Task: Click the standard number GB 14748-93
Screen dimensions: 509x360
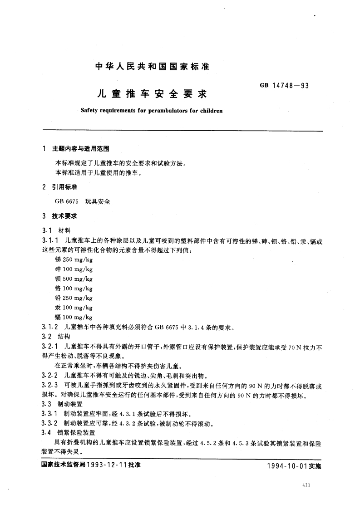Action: coord(284,84)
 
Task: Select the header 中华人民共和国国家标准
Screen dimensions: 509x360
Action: coord(152,66)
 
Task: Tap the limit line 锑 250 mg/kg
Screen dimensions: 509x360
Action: coord(73,259)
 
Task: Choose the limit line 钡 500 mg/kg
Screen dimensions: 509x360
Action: coord(73,279)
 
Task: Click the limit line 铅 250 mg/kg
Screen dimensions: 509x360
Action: coord(73,298)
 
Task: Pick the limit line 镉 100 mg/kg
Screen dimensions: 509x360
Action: coord(73,318)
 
